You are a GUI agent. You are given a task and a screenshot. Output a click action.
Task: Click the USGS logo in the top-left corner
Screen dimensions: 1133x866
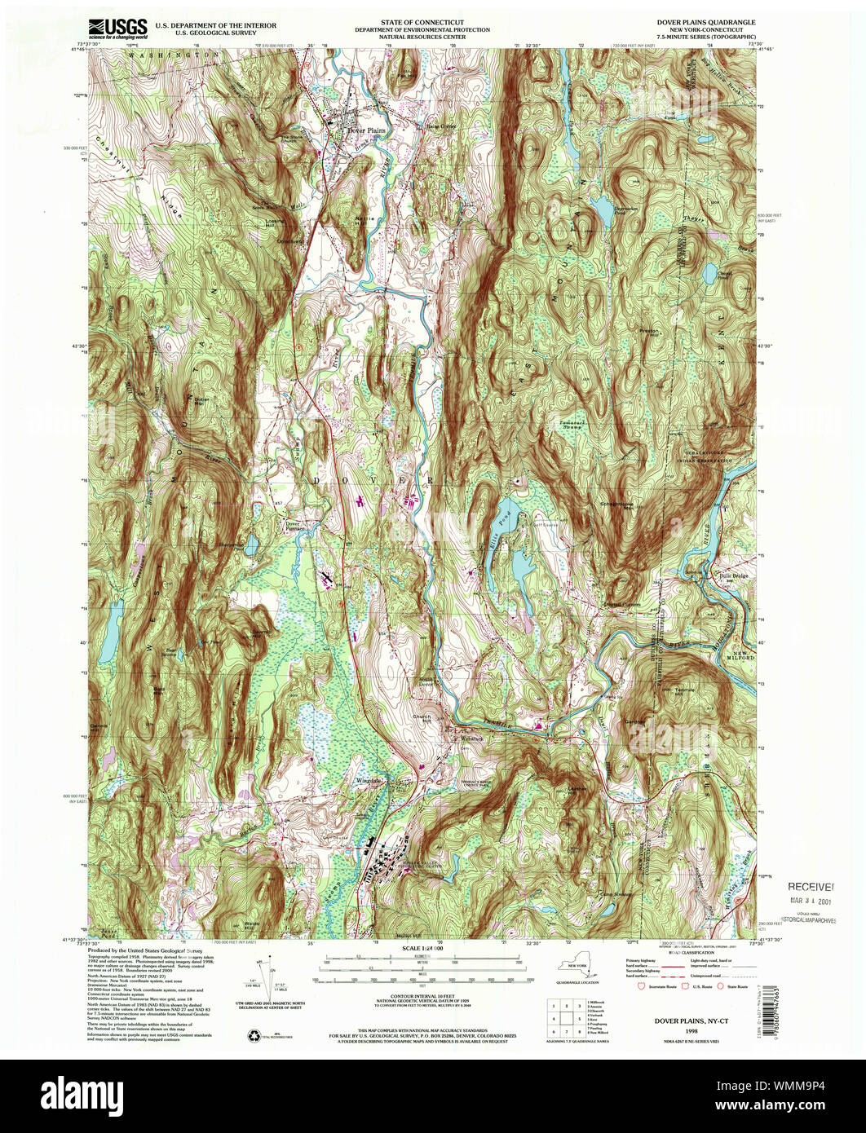point(118,29)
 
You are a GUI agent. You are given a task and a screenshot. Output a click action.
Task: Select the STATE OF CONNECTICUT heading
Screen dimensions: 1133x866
point(422,23)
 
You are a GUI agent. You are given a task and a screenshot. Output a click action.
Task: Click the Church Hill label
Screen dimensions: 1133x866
point(422,718)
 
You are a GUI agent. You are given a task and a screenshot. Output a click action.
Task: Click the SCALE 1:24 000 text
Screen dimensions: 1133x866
point(422,948)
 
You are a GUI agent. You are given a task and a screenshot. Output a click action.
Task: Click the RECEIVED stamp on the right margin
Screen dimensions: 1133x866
point(811,887)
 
